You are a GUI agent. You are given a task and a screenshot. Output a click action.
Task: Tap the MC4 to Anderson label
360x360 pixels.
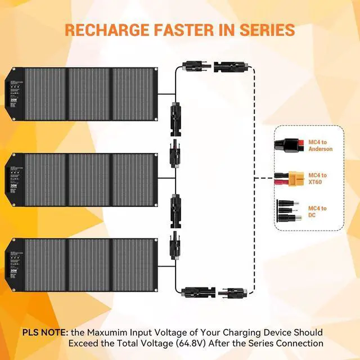321,145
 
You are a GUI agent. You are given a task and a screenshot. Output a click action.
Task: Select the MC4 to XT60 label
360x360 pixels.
317,179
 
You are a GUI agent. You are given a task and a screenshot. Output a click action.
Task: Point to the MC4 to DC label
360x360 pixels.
317,212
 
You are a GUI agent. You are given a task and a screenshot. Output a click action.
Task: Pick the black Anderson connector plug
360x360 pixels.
290,145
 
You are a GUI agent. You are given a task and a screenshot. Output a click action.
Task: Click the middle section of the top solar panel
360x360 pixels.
89,94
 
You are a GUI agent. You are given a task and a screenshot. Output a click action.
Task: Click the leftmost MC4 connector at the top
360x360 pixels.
193,67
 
